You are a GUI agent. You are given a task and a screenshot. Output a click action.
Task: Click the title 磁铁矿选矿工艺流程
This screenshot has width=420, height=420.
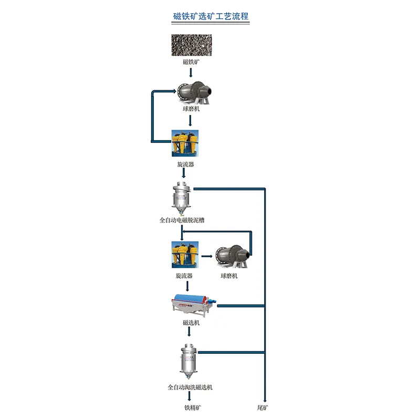(211, 16)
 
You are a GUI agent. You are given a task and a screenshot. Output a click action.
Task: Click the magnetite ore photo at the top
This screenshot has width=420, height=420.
(191, 45)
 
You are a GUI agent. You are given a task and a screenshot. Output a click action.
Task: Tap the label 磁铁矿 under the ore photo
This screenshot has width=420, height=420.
(191, 62)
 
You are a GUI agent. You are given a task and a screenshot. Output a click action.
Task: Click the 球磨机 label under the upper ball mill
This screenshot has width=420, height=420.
(191, 109)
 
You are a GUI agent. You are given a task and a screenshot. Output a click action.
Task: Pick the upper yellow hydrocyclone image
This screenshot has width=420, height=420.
(185, 143)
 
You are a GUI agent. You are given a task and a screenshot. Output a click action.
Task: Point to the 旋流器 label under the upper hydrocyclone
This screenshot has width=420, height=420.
(185, 164)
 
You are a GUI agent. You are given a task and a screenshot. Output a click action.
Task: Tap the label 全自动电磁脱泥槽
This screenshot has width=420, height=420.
(182, 220)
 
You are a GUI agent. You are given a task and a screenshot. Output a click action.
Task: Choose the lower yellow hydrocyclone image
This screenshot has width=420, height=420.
(184, 255)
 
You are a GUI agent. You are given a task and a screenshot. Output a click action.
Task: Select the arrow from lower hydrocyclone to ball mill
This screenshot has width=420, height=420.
(207, 256)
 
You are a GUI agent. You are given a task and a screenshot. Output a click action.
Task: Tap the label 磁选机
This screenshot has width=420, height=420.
(191, 323)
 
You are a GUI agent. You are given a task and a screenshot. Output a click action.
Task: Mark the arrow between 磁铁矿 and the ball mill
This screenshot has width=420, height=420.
(191, 71)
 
